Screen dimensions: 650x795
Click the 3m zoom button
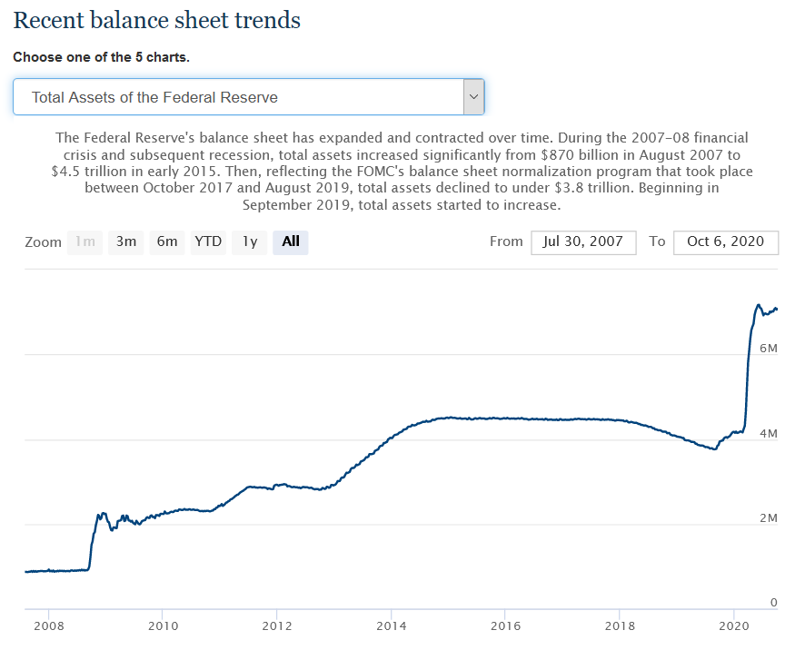point(125,241)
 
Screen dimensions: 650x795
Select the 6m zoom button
point(167,241)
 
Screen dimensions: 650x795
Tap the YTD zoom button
point(208,241)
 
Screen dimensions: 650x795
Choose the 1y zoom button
point(249,241)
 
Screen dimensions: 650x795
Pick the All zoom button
point(291,241)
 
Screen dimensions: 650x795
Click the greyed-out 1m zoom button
point(84,241)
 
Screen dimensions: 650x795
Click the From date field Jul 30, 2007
point(582,241)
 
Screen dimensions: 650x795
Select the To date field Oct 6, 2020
point(725,241)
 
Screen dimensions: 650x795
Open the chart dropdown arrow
point(472,96)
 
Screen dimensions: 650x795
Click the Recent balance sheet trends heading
point(157,19)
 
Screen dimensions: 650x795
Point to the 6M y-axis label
point(768,349)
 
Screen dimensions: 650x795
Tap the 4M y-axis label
point(768,434)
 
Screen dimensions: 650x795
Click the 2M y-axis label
point(768,518)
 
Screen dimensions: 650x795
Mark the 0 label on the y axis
point(773,603)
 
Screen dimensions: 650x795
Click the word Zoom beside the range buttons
point(43,242)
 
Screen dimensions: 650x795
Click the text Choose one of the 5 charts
point(101,57)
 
